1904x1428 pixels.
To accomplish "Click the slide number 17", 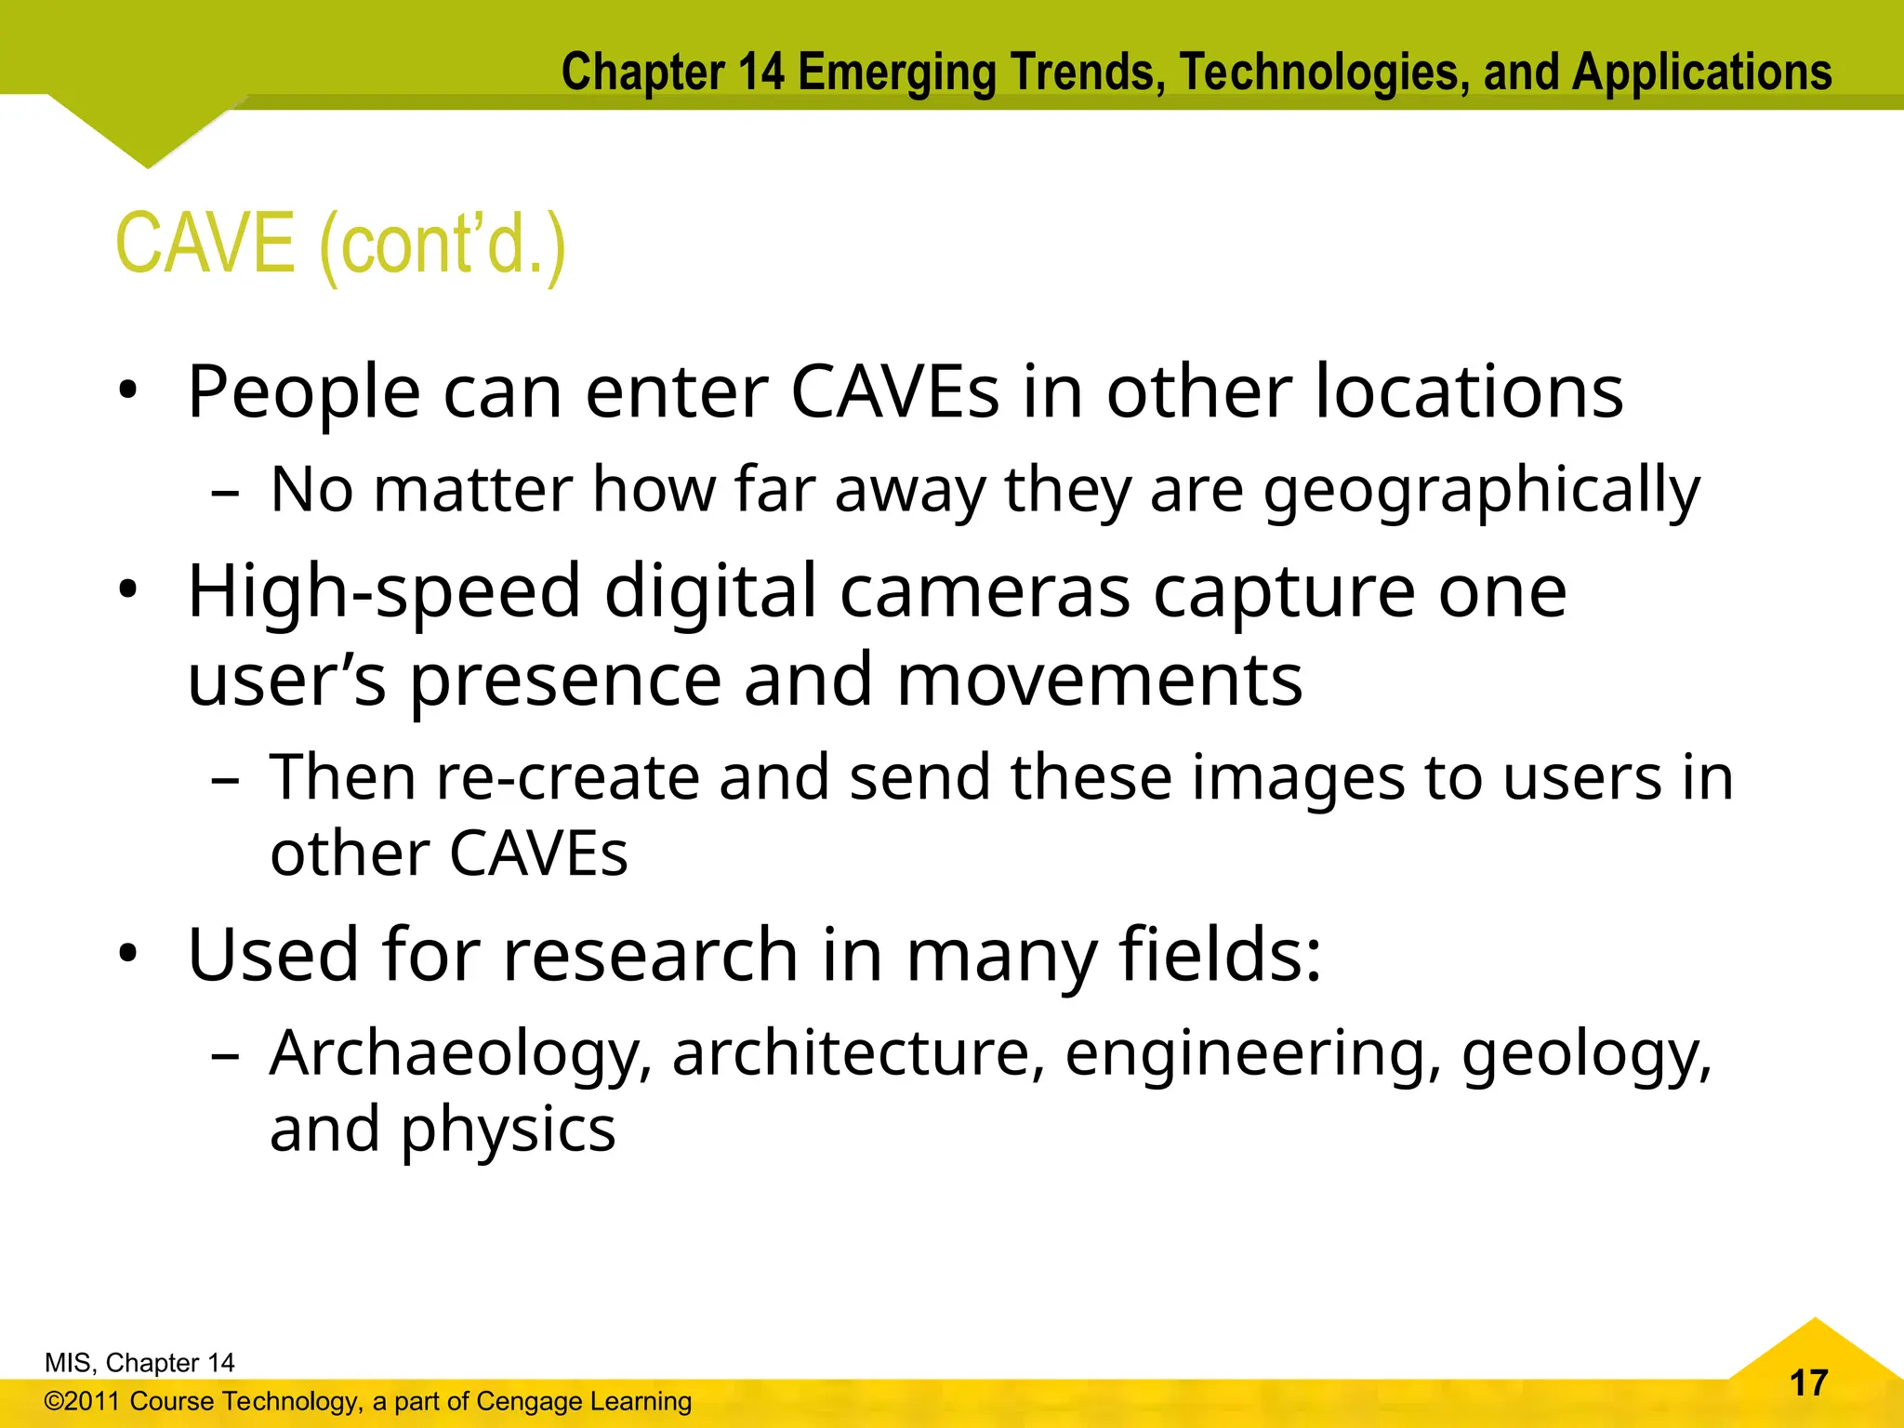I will [x=1808, y=1382].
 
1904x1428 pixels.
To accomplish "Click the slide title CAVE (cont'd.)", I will [x=340, y=244].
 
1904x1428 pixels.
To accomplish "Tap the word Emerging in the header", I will [x=896, y=73].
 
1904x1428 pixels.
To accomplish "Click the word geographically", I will [x=1481, y=491].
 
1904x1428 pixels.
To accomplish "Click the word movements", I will [x=1099, y=681].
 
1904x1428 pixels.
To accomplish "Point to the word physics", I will [x=508, y=1130].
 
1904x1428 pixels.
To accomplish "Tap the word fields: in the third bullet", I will [x=1220, y=955].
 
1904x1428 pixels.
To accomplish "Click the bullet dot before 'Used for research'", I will [x=128, y=953].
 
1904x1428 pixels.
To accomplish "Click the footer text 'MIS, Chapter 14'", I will [x=139, y=1363].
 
